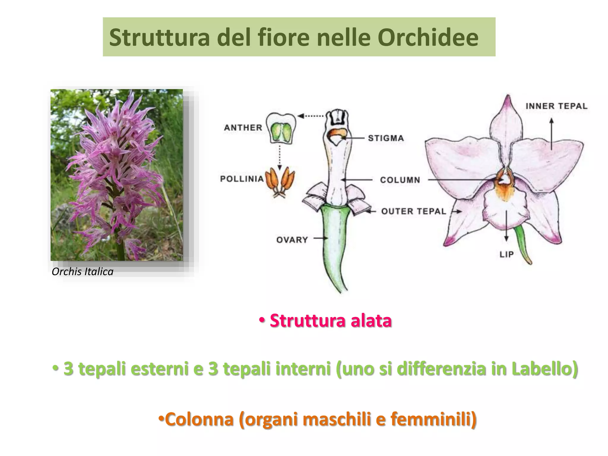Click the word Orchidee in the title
click(428, 38)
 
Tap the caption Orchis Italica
click(83, 272)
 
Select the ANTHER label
click(243, 128)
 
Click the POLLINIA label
click(242, 179)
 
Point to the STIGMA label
click(386, 138)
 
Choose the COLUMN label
click(400, 180)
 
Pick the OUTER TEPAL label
click(414, 211)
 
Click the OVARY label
click(292, 240)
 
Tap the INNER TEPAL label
click(556, 106)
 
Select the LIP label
click(506, 254)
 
